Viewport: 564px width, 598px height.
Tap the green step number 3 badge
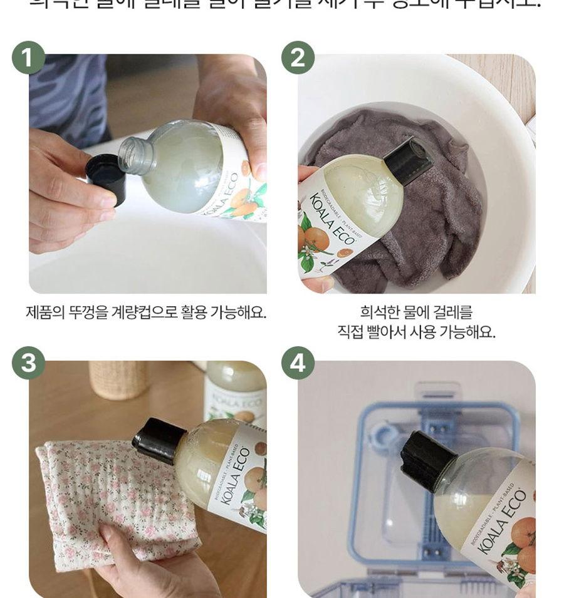[28, 364]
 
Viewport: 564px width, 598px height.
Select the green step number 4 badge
[298, 364]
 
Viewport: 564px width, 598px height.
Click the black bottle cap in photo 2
[407, 159]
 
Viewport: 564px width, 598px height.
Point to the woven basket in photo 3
[118, 379]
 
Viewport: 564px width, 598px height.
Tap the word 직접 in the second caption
[352, 332]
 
